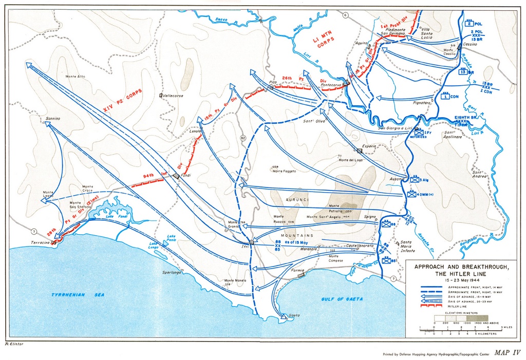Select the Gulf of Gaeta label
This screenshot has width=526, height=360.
342,298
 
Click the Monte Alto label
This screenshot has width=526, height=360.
75,77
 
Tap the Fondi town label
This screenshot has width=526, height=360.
185,176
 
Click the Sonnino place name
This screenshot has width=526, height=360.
53,119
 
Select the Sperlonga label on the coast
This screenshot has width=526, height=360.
173,272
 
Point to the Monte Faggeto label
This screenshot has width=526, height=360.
284,171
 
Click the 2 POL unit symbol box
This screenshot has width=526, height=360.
469,23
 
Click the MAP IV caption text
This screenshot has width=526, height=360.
508,352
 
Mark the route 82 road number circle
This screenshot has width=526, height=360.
243,138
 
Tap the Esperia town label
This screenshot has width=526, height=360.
369,146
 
